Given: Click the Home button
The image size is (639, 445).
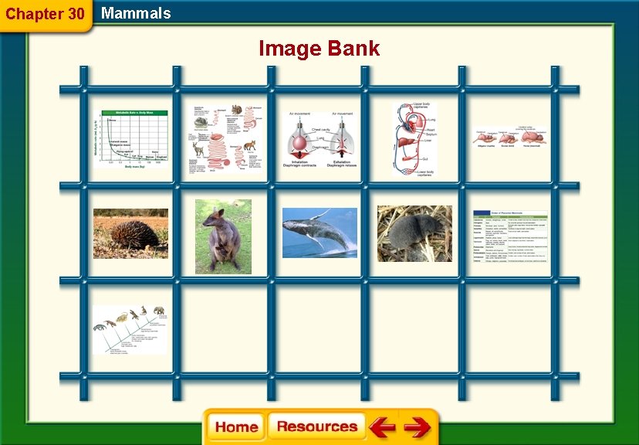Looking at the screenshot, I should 236,427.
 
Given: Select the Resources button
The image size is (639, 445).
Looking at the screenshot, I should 316,426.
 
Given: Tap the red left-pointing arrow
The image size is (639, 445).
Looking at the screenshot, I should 381,427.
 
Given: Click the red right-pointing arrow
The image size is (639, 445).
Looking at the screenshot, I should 417,427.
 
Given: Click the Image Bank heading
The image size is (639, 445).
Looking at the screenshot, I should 319,49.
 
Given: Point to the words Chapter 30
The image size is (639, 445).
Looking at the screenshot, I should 45,14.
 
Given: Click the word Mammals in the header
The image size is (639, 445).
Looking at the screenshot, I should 136,13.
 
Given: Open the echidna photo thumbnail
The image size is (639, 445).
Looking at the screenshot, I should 130,233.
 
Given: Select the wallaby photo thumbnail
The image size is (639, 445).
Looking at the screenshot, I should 223,236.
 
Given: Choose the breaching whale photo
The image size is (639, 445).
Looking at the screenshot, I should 319,233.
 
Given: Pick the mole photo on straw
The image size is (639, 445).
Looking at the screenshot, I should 414,233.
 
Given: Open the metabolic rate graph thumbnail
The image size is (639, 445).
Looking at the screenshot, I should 130,139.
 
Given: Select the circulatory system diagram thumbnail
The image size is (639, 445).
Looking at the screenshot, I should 414,140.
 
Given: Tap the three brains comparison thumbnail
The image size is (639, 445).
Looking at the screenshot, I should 510,139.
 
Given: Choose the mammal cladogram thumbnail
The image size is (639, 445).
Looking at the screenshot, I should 130,329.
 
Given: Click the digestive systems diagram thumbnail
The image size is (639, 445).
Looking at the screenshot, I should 224,140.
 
